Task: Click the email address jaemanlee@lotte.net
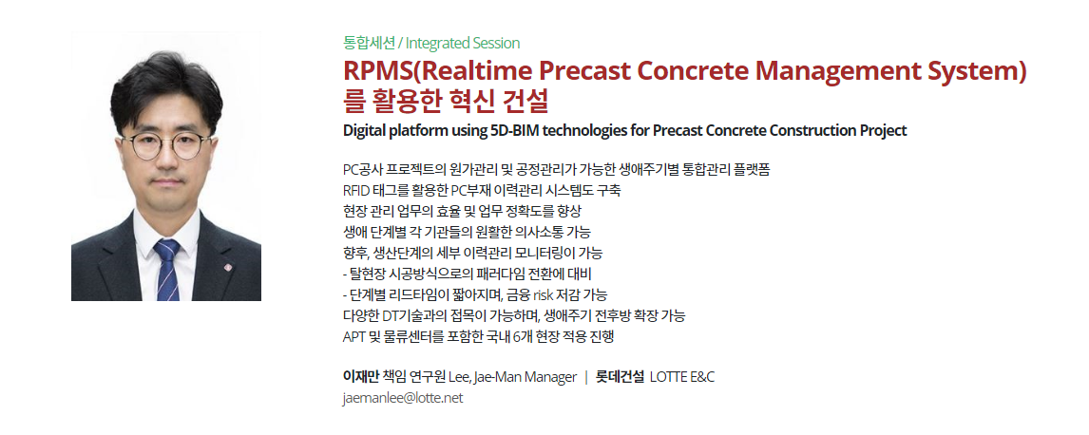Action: click(x=403, y=398)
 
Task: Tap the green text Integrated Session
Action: click(x=463, y=43)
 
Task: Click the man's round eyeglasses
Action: click(x=165, y=145)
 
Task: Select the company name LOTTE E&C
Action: click(x=682, y=377)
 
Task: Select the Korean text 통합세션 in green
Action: click(x=369, y=43)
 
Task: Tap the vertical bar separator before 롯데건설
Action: click(x=586, y=377)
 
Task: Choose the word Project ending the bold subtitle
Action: click(x=884, y=130)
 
